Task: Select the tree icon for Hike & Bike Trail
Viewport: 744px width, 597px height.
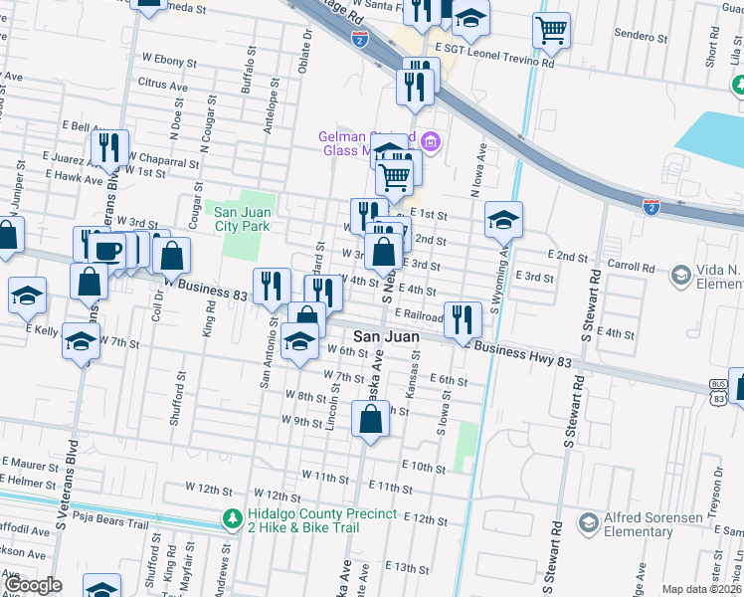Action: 232,518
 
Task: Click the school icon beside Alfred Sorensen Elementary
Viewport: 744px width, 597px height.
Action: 589,522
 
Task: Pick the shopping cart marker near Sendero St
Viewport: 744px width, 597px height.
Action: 551,30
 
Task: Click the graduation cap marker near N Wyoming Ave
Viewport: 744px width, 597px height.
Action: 504,220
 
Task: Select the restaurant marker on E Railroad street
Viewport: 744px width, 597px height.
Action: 463,319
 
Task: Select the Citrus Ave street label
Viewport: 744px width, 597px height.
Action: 163,87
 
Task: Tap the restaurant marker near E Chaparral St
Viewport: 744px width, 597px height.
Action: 109,148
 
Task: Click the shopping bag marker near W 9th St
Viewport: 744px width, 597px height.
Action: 370,420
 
